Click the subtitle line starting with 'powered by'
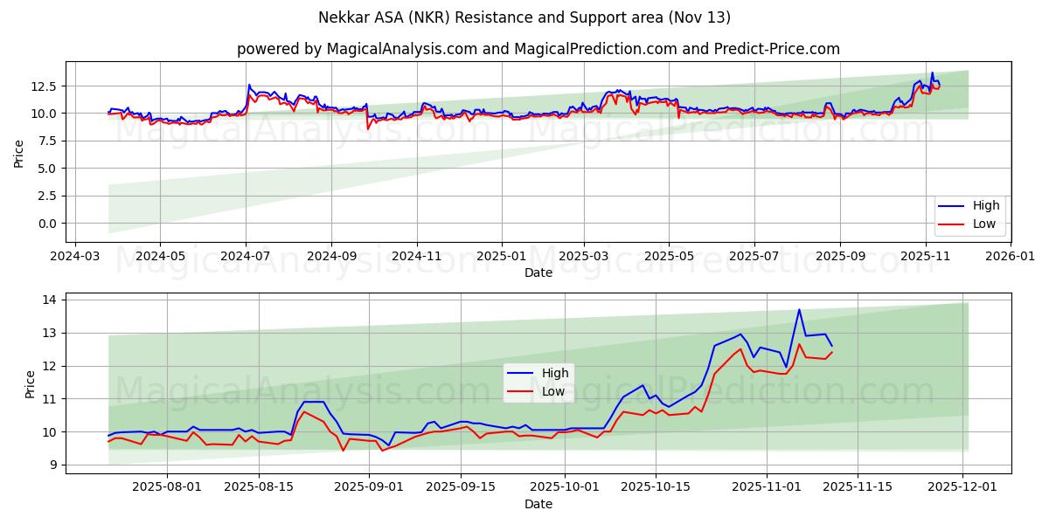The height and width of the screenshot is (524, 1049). coord(538,49)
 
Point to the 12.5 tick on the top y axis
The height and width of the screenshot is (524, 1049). coord(43,86)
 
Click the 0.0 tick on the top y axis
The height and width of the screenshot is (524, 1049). coord(47,224)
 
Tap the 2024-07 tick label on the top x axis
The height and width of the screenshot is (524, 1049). coord(246,257)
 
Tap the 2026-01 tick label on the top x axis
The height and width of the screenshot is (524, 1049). coord(1010,257)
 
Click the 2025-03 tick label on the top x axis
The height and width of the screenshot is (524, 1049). coord(583,257)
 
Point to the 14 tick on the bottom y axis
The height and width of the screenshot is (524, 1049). coord(50,300)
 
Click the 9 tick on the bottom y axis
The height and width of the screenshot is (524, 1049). coord(52,465)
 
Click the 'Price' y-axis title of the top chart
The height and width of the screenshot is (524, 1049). coord(19,154)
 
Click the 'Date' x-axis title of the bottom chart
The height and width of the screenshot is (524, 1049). coord(538,505)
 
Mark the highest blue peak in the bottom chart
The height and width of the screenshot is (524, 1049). coord(799,309)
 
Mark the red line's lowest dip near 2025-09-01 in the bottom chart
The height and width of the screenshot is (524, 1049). coord(343,450)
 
